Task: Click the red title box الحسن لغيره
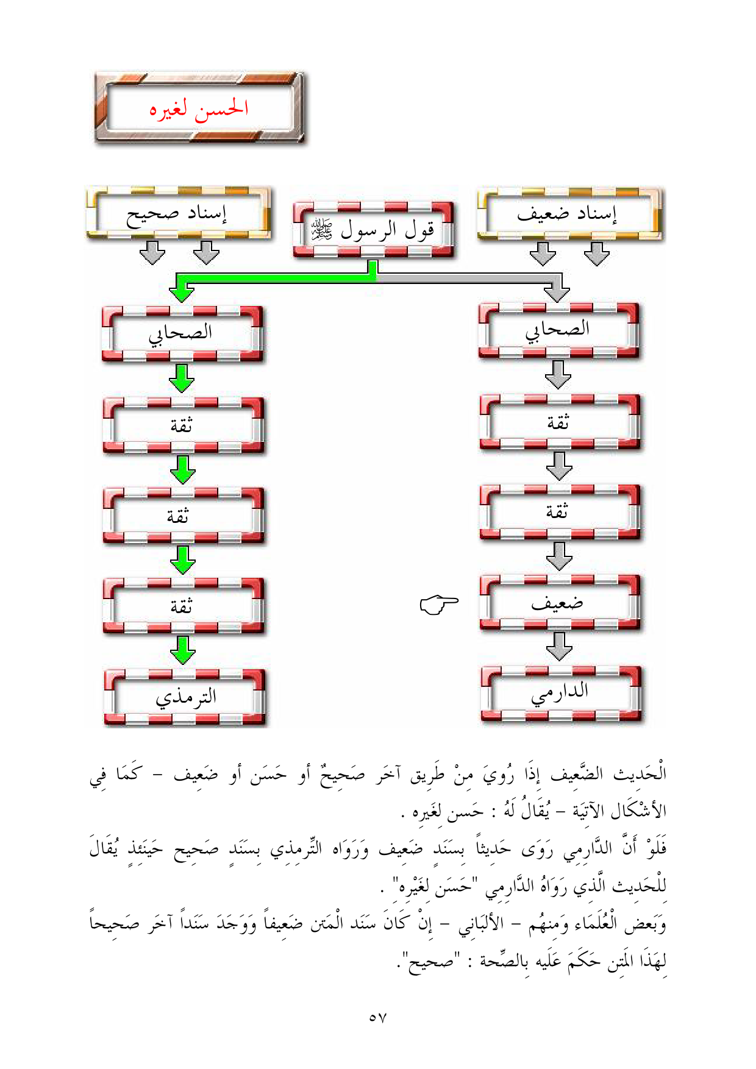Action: (199, 108)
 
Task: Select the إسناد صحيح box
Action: (179, 213)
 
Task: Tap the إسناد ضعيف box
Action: (571, 214)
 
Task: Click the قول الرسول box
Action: (373, 229)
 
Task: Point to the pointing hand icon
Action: (439, 604)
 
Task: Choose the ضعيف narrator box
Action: (560, 603)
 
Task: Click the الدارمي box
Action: (561, 694)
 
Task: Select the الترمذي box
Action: (184, 697)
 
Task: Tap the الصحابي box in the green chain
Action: (182, 333)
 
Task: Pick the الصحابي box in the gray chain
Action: (559, 330)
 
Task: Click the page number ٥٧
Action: (378, 1017)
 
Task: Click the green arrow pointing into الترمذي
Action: (183, 650)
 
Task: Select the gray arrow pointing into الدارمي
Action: (559, 646)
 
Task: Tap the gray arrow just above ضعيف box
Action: (559, 556)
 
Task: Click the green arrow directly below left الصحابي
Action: (182, 378)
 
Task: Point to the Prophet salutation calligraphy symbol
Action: (321, 230)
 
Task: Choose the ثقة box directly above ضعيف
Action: (560, 513)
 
